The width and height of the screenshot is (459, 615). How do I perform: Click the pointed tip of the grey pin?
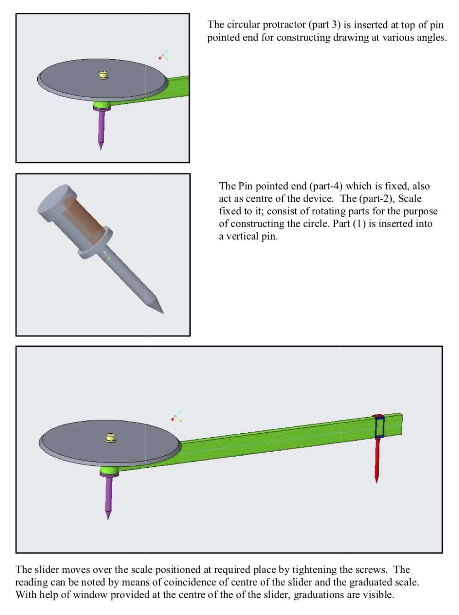coord(163,313)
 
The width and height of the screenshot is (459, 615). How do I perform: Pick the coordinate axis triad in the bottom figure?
coord(177,416)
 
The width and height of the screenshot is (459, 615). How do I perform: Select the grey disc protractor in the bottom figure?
coord(110,443)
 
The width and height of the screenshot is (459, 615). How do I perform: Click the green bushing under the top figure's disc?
coord(102,105)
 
